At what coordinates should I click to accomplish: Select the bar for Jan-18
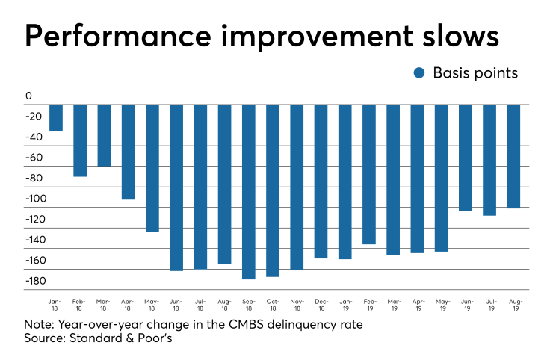pyautogui.click(x=56, y=117)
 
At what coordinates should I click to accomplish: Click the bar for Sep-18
pyautogui.click(x=249, y=191)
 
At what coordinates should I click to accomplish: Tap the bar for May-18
pyautogui.click(x=152, y=168)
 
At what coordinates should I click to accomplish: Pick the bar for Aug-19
pyautogui.click(x=514, y=156)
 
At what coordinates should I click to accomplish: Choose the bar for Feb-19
pyautogui.click(x=369, y=174)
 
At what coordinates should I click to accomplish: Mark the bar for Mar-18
pyautogui.click(x=104, y=135)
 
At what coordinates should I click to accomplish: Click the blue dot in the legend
pyautogui.click(x=419, y=73)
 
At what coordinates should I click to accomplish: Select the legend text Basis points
pyautogui.click(x=475, y=73)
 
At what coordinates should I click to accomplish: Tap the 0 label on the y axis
pyautogui.click(x=28, y=96)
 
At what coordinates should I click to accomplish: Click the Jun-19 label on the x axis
pyautogui.click(x=466, y=304)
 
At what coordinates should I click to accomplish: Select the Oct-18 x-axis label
pyautogui.click(x=273, y=304)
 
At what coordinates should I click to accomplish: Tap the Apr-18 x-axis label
pyautogui.click(x=128, y=304)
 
